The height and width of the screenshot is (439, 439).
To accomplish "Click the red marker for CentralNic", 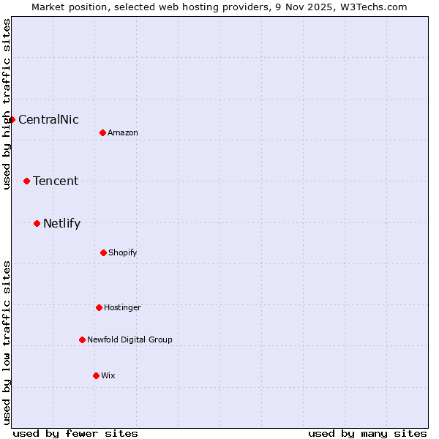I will [12, 119].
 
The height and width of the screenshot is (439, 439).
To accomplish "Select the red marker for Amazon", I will [102, 132].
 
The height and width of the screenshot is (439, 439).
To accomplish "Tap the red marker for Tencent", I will [26, 181].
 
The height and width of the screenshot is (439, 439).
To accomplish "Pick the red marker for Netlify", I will [37, 223].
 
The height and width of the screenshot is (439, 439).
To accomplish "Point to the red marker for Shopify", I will [103, 252].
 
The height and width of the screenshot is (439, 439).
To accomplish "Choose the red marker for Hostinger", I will [99, 307].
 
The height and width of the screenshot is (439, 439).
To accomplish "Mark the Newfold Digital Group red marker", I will [82, 339].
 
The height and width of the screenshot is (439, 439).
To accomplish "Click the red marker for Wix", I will [96, 375].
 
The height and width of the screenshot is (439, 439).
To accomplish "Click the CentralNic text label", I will [48, 119].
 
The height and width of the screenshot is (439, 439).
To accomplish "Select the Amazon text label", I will [123, 132].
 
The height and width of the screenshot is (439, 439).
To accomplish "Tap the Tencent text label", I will [56, 181].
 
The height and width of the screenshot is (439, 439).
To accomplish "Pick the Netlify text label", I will [61, 223].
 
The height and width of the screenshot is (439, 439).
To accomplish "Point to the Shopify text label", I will [123, 252].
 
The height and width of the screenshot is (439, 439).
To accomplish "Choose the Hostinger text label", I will [122, 307].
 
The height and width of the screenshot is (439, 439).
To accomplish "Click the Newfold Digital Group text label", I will [130, 339].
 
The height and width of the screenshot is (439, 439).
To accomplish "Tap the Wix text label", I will [108, 375].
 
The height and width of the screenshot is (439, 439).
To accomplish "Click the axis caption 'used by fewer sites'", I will [75, 433].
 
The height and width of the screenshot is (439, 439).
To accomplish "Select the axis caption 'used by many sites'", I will [367, 433].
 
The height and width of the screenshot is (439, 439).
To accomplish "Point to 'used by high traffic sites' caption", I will [7, 104].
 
